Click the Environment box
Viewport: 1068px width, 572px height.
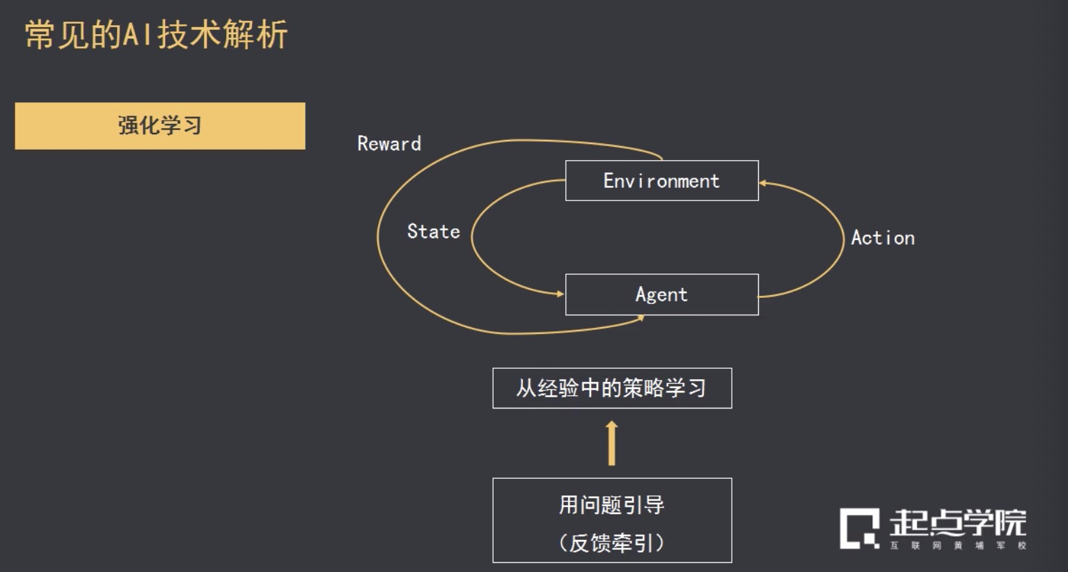pos(661,181)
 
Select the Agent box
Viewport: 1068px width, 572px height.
pos(661,294)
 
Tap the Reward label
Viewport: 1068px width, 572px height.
pos(388,144)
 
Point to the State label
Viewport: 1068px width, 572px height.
pos(433,232)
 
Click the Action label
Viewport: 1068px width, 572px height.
pos(882,238)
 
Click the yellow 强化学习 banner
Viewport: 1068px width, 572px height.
pos(160,126)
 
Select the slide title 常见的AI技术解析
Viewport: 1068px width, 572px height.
pos(156,35)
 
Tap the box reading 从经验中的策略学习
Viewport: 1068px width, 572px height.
pos(611,388)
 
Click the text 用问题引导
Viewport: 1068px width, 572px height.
pos(611,505)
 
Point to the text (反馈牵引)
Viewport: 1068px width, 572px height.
pos(611,543)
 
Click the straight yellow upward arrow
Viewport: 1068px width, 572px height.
pos(611,443)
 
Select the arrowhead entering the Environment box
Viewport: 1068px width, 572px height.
pos(763,184)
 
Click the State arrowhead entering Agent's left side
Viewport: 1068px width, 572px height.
pos(560,294)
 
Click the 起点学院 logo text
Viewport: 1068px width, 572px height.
pos(957,522)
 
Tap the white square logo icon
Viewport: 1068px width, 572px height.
pos(859,528)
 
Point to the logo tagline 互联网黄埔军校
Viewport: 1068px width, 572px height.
pos(958,546)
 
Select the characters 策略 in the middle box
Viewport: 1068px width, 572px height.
pos(643,388)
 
